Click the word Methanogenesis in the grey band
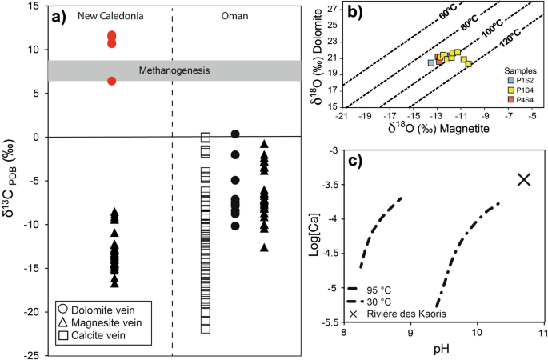coord(172,70)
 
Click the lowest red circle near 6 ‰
coord(112,81)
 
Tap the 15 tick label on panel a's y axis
coord(34,6)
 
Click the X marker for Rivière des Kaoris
coord(524,179)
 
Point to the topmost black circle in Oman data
coord(235,134)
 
